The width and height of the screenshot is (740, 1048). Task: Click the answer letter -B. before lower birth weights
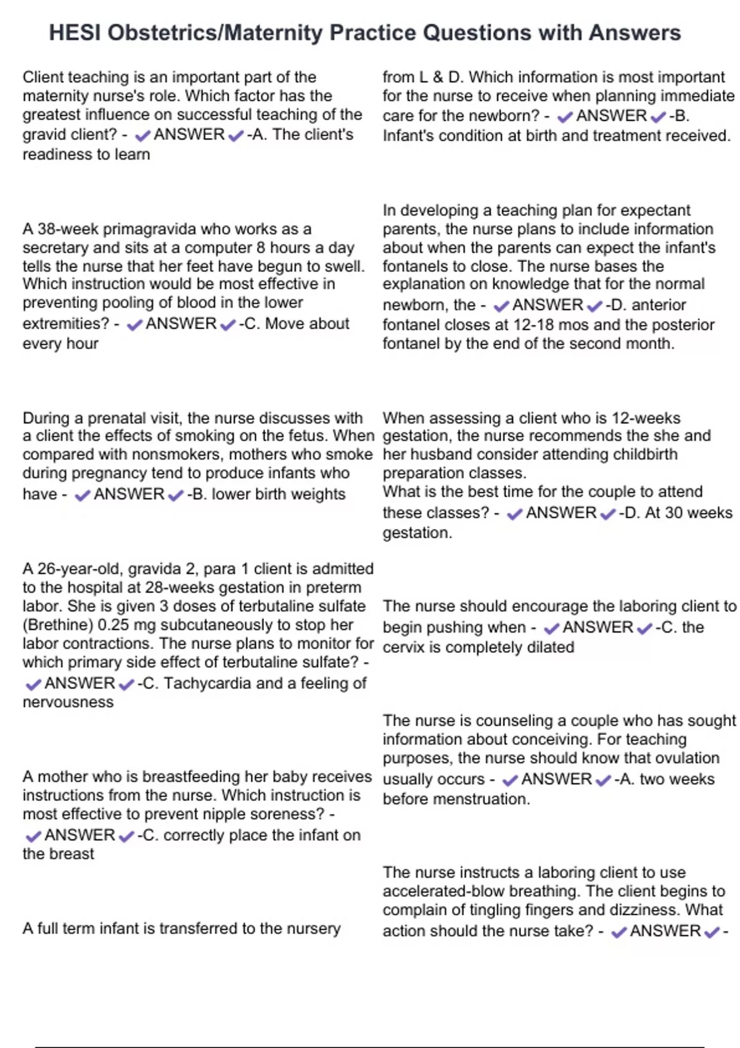pos(197,494)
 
